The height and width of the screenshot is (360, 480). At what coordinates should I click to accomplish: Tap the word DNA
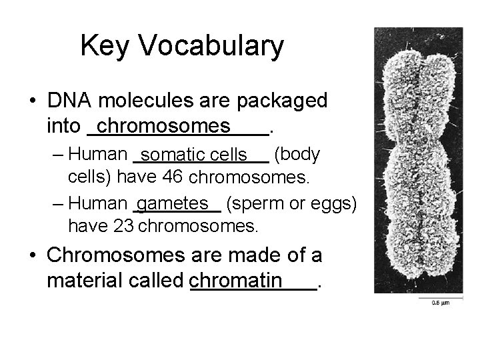click(x=71, y=101)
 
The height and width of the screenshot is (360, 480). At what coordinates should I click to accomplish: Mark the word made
click(x=251, y=255)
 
